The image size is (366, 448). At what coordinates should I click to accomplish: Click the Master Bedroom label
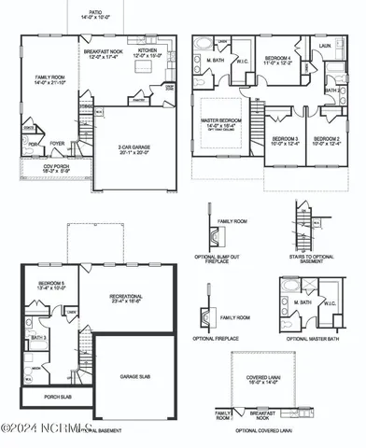[x=223, y=123]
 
